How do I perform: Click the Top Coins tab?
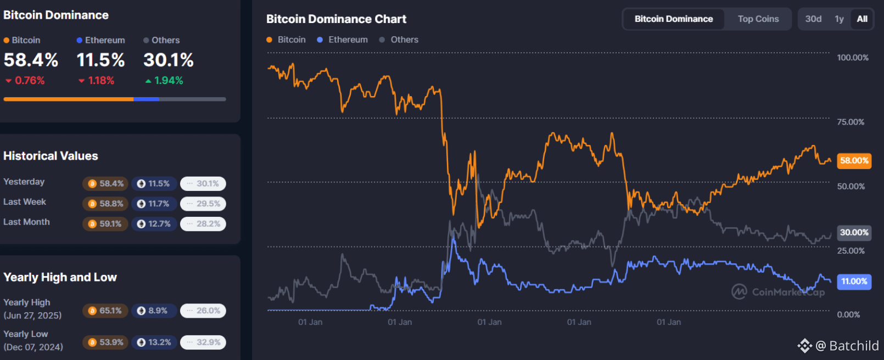pyautogui.click(x=758, y=19)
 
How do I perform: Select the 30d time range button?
pyautogui.click(x=813, y=19)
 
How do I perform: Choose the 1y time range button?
pyautogui.click(x=839, y=19)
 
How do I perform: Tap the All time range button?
pyautogui.click(x=862, y=19)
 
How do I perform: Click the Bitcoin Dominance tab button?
pyautogui.click(x=674, y=19)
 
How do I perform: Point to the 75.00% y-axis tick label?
pyautogui.click(x=851, y=122)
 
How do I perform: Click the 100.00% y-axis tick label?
pyautogui.click(x=853, y=58)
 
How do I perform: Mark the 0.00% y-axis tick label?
pyautogui.click(x=848, y=314)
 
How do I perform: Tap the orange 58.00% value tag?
pyautogui.click(x=854, y=161)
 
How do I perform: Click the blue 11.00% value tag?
pyautogui.click(x=854, y=282)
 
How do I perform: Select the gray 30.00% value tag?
pyautogui.click(x=854, y=233)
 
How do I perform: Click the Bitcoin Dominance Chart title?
pyautogui.click(x=336, y=19)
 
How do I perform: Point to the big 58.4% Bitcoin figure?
pyautogui.click(x=31, y=60)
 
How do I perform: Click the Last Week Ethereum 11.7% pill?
pyautogui.click(x=154, y=204)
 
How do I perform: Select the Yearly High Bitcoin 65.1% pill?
pyautogui.click(x=105, y=311)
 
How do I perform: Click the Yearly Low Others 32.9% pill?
pyautogui.click(x=203, y=342)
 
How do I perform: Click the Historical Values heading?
pyautogui.click(x=51, y=156)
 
